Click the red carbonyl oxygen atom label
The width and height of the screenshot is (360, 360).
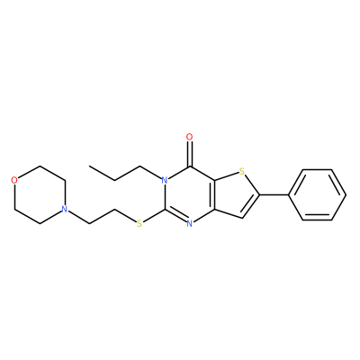pyautogui.click(x=189, y=138)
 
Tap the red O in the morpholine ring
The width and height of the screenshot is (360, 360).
pyautogui.click(x=13, y=180)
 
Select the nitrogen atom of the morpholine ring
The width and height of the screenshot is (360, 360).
pyautogui.click(x=64, y=209)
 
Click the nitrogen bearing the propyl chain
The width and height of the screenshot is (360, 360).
pyautogui.click(x=164, y=180)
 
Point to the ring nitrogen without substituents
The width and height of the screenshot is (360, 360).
pyautogui.click(x=189, y=223)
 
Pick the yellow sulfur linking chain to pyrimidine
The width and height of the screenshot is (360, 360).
pyautogui.click(x=139, y=223)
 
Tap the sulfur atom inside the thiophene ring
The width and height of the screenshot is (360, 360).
pyautogui.click(x=242, y=172)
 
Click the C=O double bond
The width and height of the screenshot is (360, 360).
pyautogui.click(x=189, y=154)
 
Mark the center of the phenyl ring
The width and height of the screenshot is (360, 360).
pyautogui.click(x=317, y=195)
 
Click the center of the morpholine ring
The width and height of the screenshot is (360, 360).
pyautogui.click(x=39, y=194)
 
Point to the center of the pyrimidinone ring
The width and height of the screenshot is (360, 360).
pyautogui.click(x=189, y=195)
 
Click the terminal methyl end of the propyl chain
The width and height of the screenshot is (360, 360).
pyautogui.click(x=89, y=166)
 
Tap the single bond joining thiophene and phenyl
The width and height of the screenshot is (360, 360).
pyautogui.click(x=274, y=195)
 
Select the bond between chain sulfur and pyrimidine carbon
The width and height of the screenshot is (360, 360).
pyautogui.click(x=153, y=215)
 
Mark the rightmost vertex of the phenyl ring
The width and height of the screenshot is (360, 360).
pyautogui.click(x=346, y=195)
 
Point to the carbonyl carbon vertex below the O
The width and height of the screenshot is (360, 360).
pyautogui.click(x=189, y=166)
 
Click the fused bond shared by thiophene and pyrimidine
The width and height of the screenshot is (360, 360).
pyautogui.click(x=214, y=195)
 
